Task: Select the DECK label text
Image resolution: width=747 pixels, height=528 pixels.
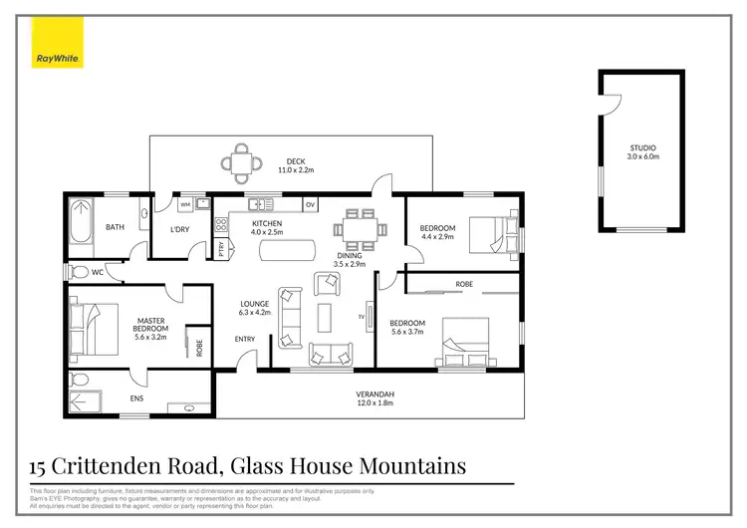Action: (295, 161)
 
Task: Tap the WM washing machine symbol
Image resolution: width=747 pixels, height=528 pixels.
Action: (184, 204)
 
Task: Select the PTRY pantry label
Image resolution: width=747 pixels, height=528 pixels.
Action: (221, 250)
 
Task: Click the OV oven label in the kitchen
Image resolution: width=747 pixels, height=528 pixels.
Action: (311, 204)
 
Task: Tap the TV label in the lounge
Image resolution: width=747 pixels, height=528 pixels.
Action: (362, 317)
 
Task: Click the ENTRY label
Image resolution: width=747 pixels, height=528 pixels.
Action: (245, 339)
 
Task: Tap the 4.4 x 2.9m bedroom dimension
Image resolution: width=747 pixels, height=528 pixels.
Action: (437, 237)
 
